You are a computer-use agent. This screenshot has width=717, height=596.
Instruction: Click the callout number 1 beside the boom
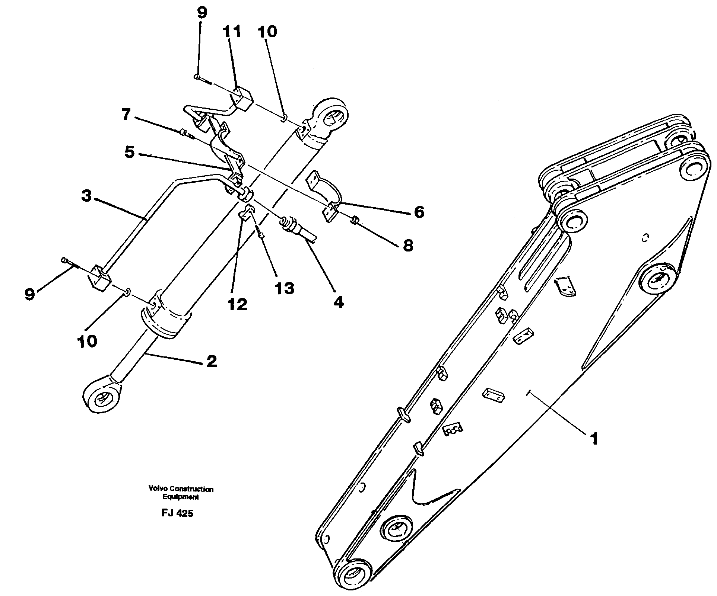(594, 439)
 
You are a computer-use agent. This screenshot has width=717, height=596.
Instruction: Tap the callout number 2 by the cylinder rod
(212, 361)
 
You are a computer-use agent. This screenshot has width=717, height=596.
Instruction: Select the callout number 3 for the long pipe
(86, 196)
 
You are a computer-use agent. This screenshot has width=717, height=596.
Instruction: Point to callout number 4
(338, 302)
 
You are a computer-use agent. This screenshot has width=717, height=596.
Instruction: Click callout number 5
(129, 152)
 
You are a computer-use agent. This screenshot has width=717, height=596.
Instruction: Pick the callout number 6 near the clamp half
(419, 212)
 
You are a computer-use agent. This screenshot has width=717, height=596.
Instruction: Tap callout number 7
(126, 115)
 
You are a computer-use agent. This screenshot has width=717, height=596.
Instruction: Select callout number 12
(237, 304)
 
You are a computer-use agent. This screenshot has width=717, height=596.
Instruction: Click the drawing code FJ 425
(177, 513)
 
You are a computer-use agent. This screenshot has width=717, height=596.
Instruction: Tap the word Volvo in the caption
(155, 489)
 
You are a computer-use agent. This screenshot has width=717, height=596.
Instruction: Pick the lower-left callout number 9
(30, 294)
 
